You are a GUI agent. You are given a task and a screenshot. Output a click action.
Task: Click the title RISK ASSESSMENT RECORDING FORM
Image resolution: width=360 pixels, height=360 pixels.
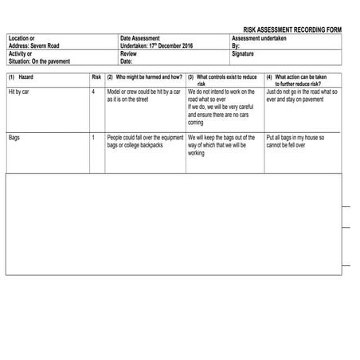point(292,29)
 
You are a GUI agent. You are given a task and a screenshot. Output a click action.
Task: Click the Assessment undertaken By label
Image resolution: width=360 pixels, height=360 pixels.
point(259,42)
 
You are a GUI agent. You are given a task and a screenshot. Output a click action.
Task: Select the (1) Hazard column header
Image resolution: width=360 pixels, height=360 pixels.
point(22,77)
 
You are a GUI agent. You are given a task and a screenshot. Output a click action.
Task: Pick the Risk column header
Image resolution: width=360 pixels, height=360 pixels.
point(96,77)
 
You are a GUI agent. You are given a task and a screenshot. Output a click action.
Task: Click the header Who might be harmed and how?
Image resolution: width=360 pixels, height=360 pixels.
point(145,77)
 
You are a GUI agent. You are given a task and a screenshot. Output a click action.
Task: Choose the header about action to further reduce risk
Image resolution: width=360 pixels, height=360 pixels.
point(302,80)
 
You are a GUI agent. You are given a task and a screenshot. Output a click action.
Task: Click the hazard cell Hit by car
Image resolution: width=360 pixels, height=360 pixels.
point(21,92)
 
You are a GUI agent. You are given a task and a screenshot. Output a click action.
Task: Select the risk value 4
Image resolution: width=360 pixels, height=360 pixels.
point(93,92)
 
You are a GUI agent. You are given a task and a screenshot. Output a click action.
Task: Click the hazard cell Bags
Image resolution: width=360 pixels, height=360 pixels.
point(14,137)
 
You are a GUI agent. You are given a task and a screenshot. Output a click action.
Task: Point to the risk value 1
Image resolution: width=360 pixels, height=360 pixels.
point(93,137)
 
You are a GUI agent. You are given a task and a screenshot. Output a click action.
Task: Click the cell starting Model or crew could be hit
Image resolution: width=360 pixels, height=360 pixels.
point(144,96)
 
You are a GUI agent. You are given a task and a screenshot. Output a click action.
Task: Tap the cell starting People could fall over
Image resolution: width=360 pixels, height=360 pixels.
point(144,141)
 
